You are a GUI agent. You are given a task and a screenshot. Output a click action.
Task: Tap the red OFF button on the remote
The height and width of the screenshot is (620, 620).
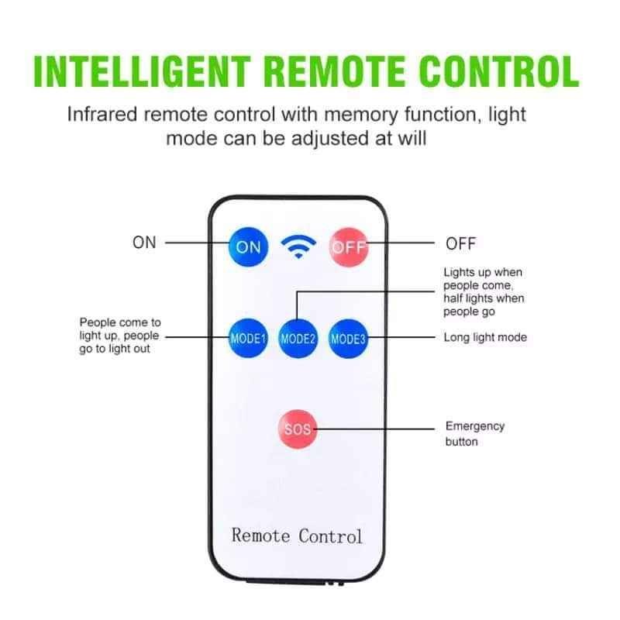(x=349, y=247)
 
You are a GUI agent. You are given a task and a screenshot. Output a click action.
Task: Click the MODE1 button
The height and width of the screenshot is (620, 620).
(x=248, y=339)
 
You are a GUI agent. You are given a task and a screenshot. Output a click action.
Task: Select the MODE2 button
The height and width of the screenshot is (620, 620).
(x=298, y=339)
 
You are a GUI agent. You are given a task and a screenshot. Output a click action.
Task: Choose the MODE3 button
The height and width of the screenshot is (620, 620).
(x=348, y=339)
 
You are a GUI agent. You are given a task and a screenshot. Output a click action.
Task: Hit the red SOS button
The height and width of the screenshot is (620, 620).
(x=298, y=429)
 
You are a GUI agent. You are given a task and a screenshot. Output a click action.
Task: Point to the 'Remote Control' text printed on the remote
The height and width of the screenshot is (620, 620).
(x=297, y=536)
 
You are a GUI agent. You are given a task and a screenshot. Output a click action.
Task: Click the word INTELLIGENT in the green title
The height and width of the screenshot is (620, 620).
(x=143, y=71)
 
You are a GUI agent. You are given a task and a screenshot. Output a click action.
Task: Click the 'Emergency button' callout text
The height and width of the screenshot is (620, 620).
(x=475, y=434)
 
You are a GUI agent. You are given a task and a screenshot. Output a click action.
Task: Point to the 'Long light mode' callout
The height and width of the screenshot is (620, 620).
(x=485, y=337)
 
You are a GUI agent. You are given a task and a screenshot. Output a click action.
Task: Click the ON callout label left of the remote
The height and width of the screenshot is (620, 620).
(x=144, y=243)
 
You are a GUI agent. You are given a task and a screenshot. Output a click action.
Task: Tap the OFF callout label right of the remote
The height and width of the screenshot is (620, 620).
(x=460, y=243)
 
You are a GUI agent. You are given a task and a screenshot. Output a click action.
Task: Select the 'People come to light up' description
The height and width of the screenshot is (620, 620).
(x=120, y=336)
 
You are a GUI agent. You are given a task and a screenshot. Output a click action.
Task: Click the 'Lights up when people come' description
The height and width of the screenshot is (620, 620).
(x=484, y=292)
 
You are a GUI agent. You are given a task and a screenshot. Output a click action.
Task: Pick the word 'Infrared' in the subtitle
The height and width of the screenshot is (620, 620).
(x=102, y=115)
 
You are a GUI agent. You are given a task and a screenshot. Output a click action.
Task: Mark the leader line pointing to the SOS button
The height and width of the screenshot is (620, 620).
(x=374, y=429)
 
